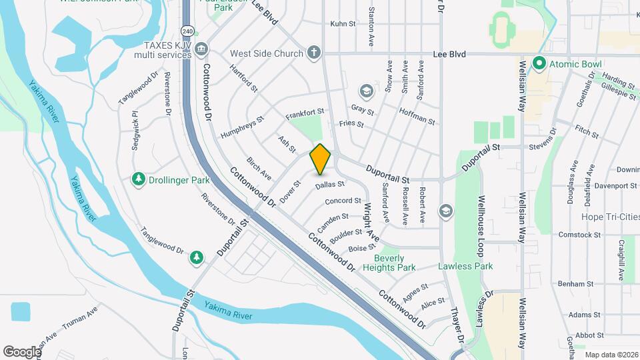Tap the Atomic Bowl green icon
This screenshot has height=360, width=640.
(538, 64)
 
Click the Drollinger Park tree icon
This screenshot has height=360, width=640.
(139, 179)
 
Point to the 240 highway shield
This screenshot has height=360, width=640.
(187, 31)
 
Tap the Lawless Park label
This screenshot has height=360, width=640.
(465, 267)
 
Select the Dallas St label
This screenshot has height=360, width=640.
(329, 185)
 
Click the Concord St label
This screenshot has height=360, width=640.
(343, 201)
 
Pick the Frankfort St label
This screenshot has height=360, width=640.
(304, 115)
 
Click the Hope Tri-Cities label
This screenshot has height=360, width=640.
(610, 217)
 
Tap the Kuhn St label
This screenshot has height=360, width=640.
(343, 24)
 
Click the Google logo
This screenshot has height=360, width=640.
(21, 351)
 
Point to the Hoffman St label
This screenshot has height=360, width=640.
(418, 118)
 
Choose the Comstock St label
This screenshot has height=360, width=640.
(575, 235)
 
